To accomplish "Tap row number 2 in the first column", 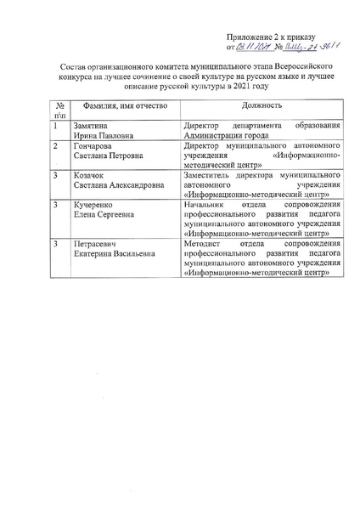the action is pyautogui.click(x=55, y=147).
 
